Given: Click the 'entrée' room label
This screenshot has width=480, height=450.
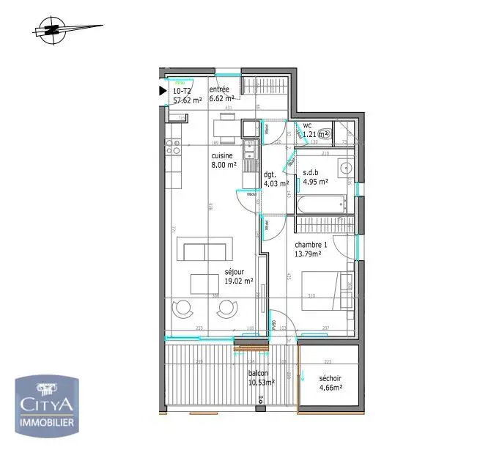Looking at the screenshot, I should (x=219, y=89).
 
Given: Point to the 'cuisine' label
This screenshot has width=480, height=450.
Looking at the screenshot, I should (x=222, y=156).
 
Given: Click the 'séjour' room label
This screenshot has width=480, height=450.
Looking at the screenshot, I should (x=235, y=271).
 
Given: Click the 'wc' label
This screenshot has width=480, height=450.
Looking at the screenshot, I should (x=308, y=125).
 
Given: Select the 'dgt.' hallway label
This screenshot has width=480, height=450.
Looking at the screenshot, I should (x=269, y=174).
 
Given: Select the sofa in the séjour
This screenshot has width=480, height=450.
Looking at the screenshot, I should (x=204, y=251).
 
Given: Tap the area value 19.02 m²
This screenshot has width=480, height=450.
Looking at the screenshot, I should (x=240, y=280).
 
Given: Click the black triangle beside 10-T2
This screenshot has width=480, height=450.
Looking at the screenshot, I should (x=163, y=91).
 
